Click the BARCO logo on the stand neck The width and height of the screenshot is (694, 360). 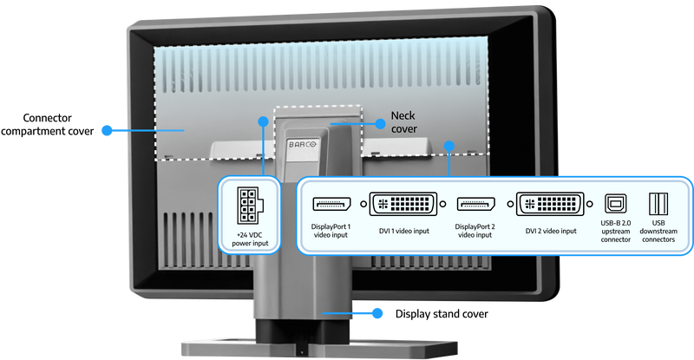[303, 144]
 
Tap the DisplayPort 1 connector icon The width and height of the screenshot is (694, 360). [331, 204]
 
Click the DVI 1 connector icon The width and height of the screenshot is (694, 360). [403, 204]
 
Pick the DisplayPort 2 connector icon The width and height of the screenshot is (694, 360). [475, 204]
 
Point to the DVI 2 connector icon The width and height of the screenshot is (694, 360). [550, 204]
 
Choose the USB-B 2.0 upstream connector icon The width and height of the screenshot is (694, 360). [616, 204]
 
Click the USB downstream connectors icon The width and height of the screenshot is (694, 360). [658, 204]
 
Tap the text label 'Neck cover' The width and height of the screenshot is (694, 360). [403, 122]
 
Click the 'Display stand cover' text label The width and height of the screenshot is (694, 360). [442, 314]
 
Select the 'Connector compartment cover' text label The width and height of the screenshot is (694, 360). [48, 124]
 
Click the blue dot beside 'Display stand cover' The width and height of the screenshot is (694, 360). [377, 313]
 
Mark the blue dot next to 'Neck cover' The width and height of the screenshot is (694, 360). [380, 124]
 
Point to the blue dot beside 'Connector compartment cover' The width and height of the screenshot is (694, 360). [107, 130]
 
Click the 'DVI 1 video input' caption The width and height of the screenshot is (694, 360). [403, 231]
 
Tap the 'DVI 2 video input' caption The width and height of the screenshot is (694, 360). [551, 231]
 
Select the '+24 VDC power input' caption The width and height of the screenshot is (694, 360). [250, 239]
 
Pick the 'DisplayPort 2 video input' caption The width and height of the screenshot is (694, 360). [475, 231]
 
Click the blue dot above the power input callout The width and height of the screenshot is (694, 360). [264, 121]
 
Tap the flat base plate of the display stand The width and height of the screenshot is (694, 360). [319, 349]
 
